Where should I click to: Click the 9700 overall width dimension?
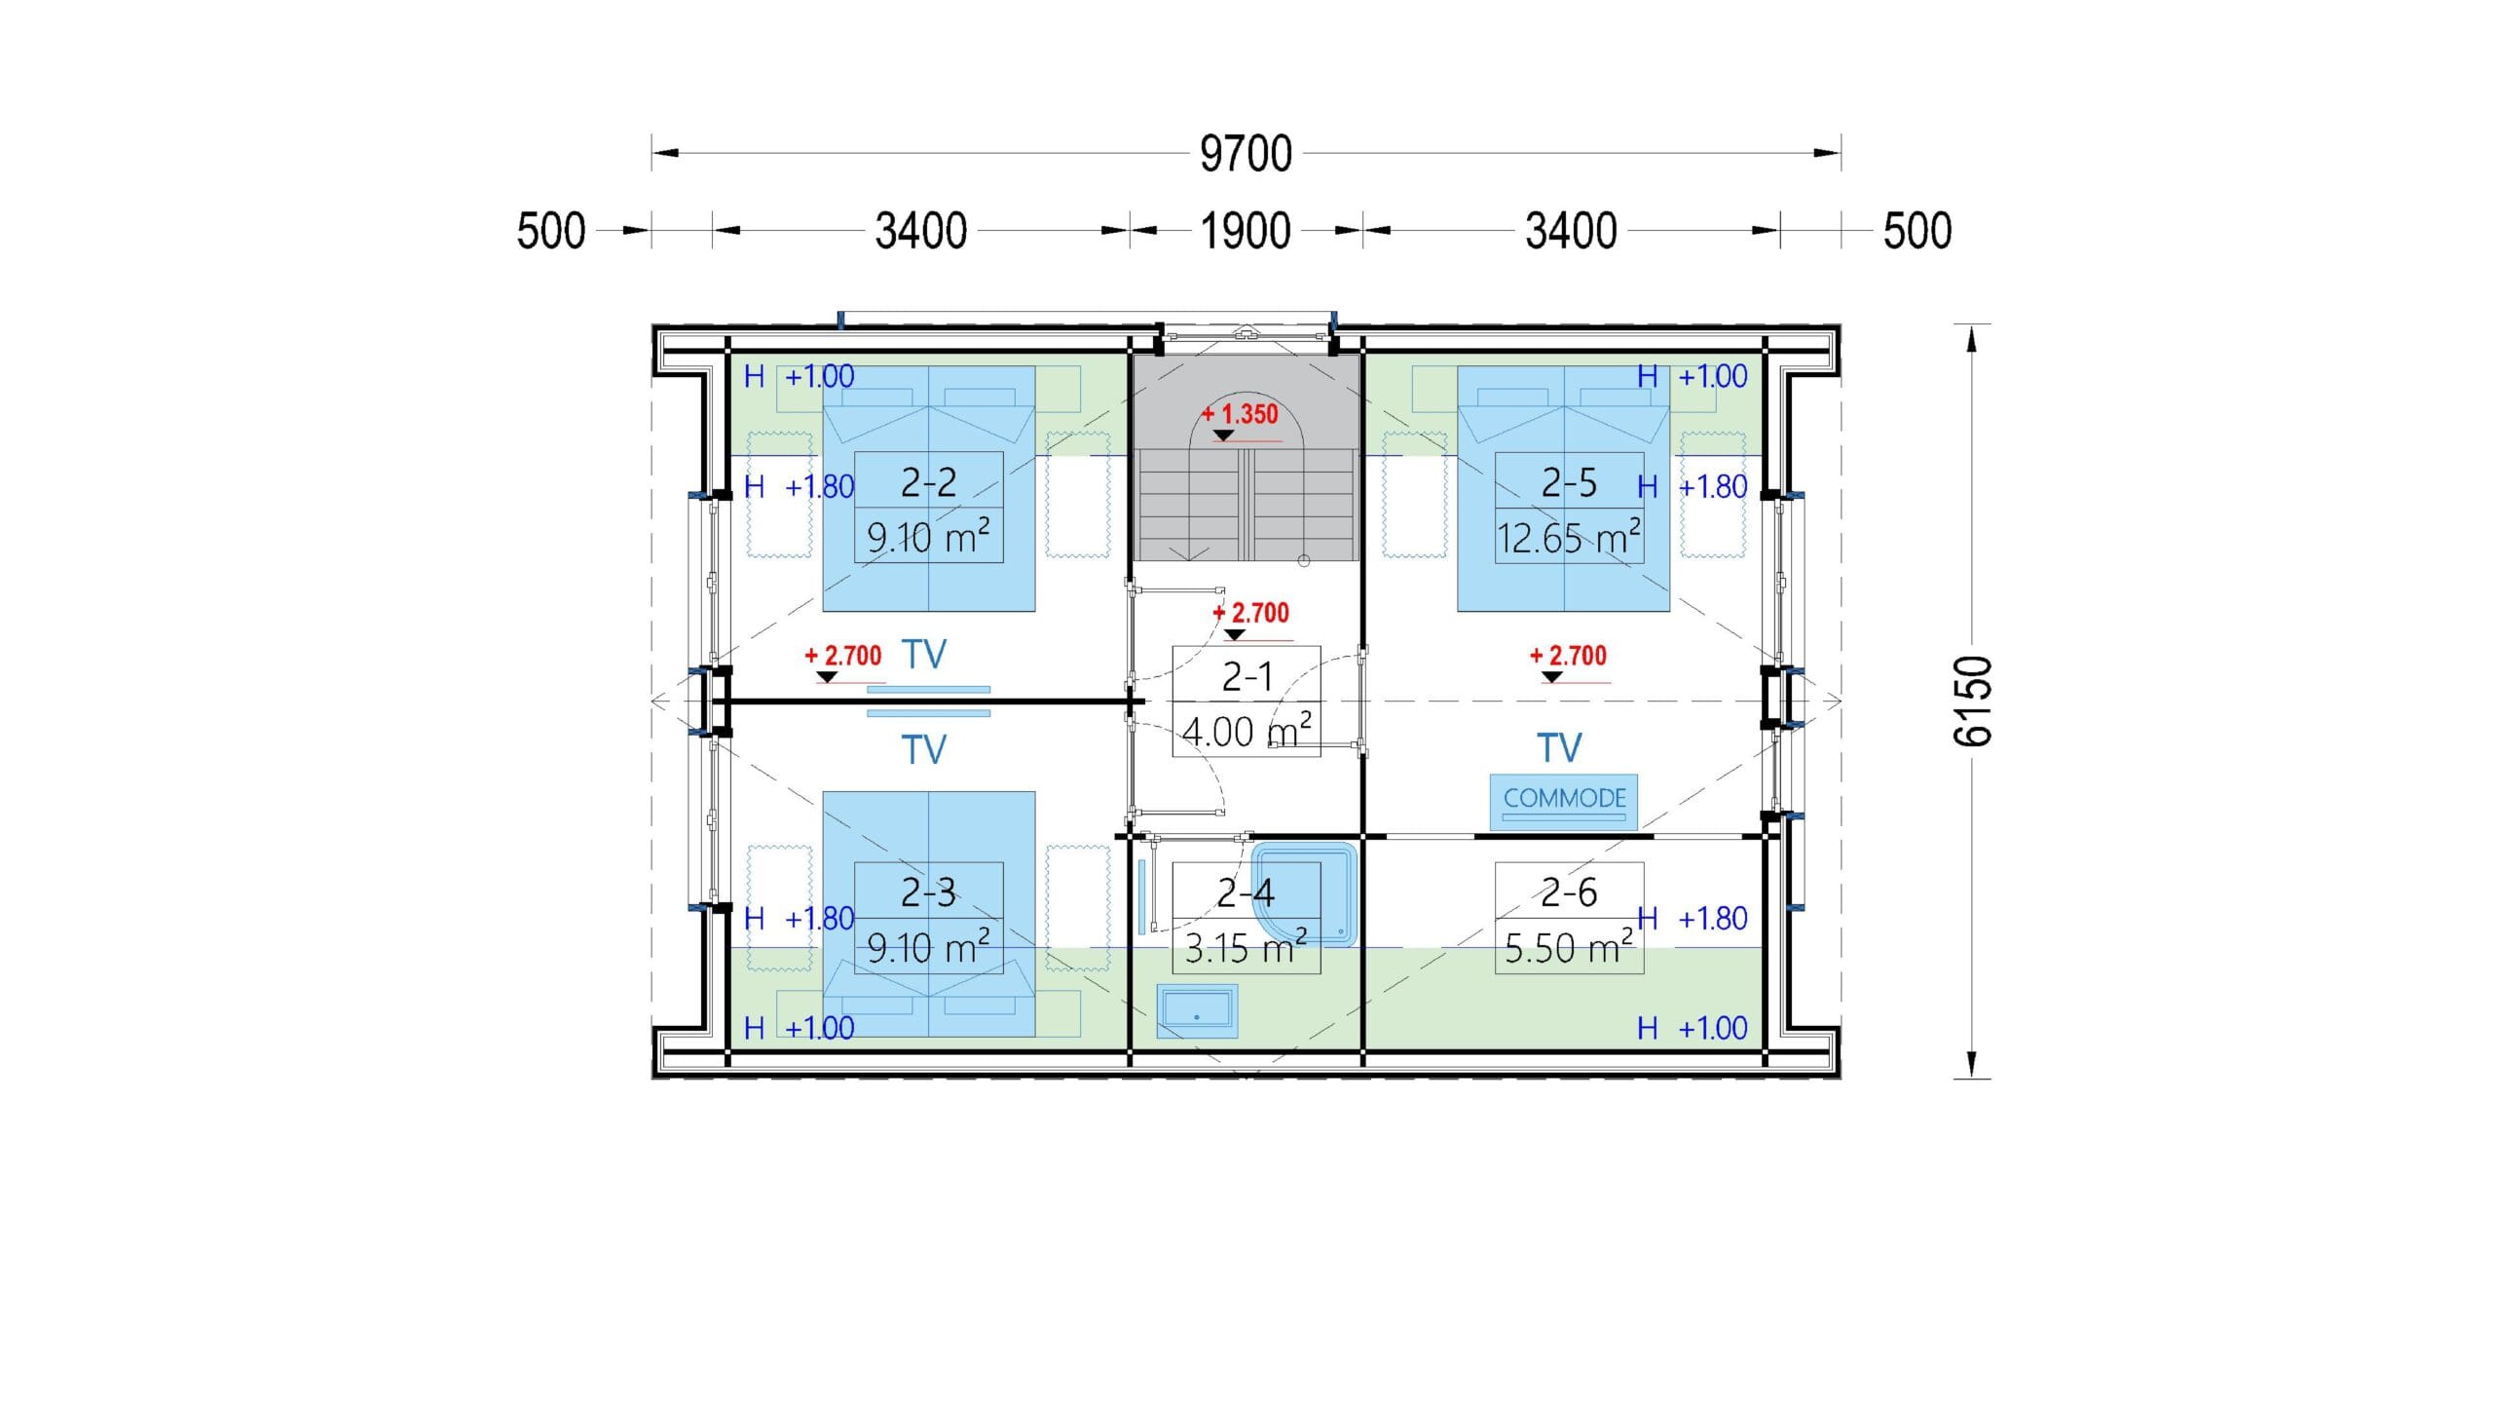click(x=1246, y=154)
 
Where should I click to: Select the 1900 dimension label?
click(x=1246, y=232)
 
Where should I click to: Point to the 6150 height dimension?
click(x=1973, y=701)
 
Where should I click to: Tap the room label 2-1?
click(x=1246, y=676)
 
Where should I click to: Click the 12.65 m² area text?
click(x=1569, y=537)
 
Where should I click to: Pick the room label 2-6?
click(x=1569, y=891)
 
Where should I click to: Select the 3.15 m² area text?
click(x=1246, y=947)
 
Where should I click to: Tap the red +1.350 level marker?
click(x=1240, y=414)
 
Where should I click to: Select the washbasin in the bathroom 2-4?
click(x=1197, y=1011)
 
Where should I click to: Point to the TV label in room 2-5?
click(x=1559, y=748)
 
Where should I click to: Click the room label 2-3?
click(x=928, y=891)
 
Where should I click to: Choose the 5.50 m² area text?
click(x=1569, y=947)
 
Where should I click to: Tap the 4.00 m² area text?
click(x=1246, y=731)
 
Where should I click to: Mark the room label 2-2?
click(x=928, y=482)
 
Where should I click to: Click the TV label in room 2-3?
click(x=924, y=750)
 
